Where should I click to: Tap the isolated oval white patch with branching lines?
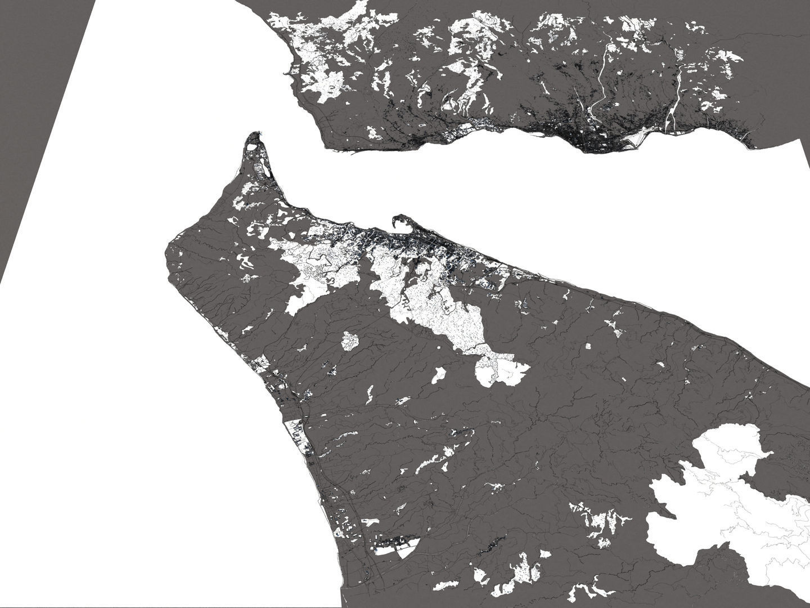pos(350,341)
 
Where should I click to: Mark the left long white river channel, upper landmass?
pos(601,79)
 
